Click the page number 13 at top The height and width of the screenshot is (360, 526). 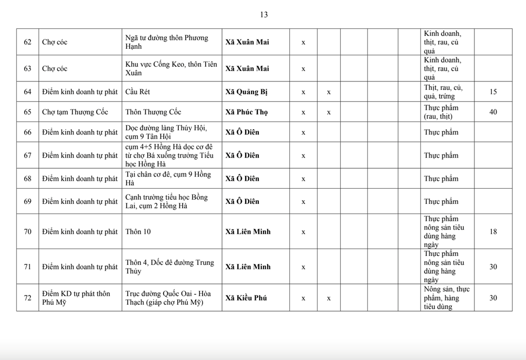click(264, 15)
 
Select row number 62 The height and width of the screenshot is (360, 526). click(27, 42)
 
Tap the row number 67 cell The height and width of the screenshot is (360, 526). click(27, 156)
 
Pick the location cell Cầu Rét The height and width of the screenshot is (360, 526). click(138, 92)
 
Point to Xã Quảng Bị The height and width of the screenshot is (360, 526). click(247, 92)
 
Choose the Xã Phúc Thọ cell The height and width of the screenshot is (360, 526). click(247, 112)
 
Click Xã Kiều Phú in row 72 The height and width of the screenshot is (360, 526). click(246, 298)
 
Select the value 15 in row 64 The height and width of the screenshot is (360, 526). click(493, 92)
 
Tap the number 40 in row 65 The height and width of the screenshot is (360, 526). click(493, 112)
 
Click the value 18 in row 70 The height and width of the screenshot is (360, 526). click(493, 231)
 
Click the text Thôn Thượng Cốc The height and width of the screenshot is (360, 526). click(153, 112)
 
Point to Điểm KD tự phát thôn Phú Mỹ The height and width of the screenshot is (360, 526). click(76, 298)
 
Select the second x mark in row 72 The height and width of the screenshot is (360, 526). click(329, 298)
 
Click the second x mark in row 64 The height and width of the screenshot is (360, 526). click(329, 92)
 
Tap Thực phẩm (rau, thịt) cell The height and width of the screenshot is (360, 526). click(441, 112)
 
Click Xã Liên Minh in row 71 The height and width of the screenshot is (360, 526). click(248, 267)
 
